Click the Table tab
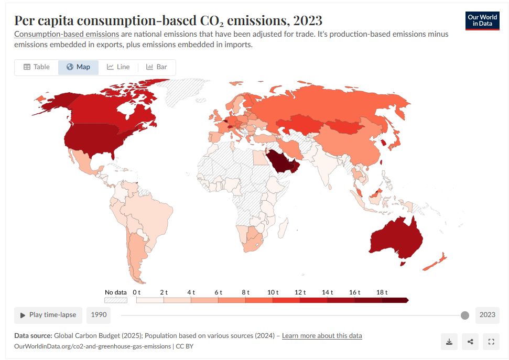point(37,67)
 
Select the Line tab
point(118,67)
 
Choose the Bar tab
point(157,67)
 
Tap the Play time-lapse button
point(48,315)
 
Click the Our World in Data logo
point(482,20)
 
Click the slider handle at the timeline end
point(464,315)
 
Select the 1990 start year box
point(99,315)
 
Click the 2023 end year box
point(487,315)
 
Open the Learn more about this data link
point(322,335)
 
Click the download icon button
point(449,342)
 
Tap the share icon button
point(470,342)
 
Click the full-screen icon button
point(491,342)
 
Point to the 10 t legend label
point(273,292)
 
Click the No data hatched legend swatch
point(116,300)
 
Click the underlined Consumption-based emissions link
point(67,34)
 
